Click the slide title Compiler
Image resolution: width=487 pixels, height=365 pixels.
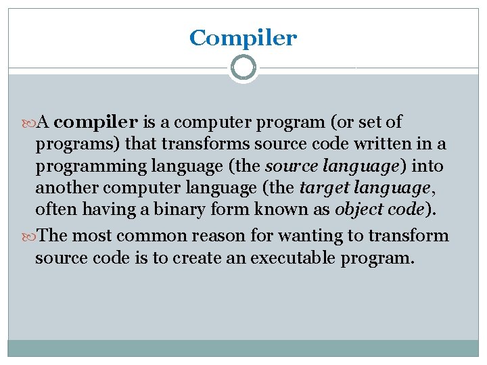pyautogui.click(x=243, y=39)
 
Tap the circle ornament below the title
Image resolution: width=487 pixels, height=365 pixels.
pyautogui.click(x=243, y=68)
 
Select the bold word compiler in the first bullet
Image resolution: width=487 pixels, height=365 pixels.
pyautogui.click(x=96, y=122)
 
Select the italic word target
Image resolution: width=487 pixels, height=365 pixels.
pyautogui.click(x=321, y=187)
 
